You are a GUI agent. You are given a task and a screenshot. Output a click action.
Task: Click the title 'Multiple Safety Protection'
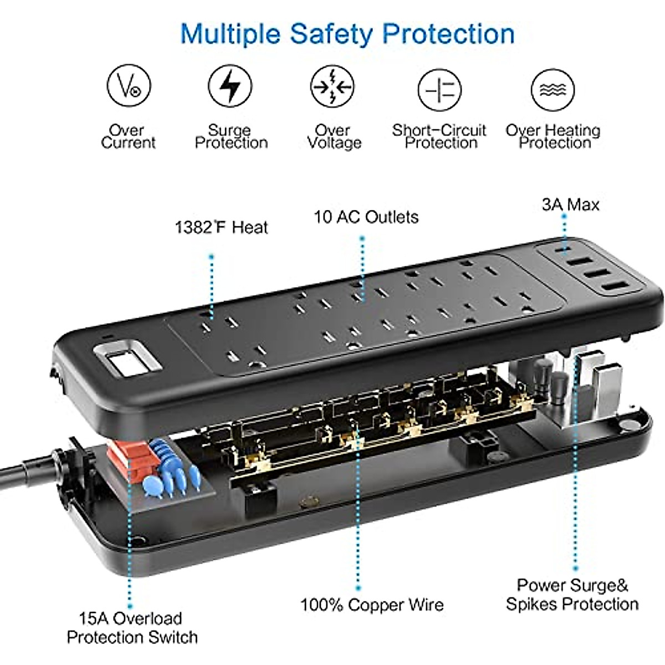347,34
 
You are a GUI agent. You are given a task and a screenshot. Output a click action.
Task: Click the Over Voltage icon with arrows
332,86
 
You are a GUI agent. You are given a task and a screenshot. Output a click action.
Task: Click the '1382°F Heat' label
221,227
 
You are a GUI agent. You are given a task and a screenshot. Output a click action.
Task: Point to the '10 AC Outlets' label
366,217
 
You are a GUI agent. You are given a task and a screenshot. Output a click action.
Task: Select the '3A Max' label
570,204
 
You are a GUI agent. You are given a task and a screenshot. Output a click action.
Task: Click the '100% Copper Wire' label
372,604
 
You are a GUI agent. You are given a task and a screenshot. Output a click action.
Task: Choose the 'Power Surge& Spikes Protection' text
572,594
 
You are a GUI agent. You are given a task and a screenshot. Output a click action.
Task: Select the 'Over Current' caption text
128,136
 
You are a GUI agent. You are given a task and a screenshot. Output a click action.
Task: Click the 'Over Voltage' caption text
334,136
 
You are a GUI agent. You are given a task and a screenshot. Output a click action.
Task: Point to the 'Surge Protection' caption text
231,136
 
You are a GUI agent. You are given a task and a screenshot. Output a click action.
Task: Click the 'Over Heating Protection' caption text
553,136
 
